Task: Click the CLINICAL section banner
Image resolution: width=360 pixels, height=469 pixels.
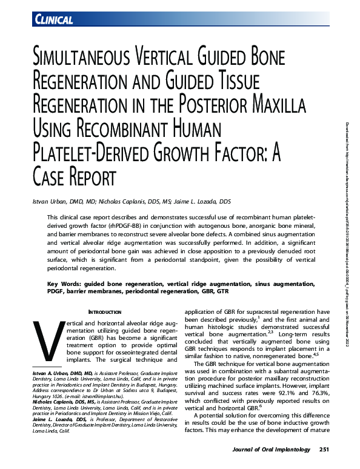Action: (x=55, y=20)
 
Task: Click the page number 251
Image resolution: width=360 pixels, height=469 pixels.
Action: (x=323, y=450)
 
